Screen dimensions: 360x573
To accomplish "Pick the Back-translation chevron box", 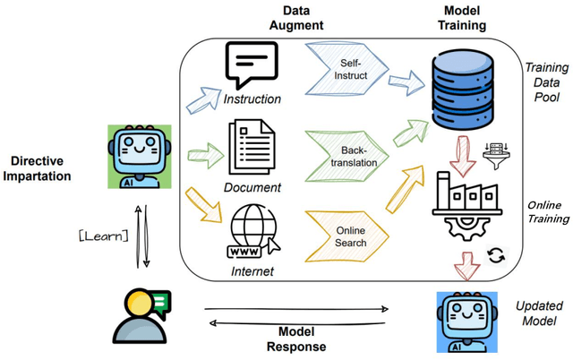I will (350, 149).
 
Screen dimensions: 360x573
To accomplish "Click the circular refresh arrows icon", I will (494, 257).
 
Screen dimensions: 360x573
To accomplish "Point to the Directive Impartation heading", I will (42, 168).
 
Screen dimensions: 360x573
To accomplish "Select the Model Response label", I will (295, 338).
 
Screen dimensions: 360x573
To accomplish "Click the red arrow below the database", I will (465, 143).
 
